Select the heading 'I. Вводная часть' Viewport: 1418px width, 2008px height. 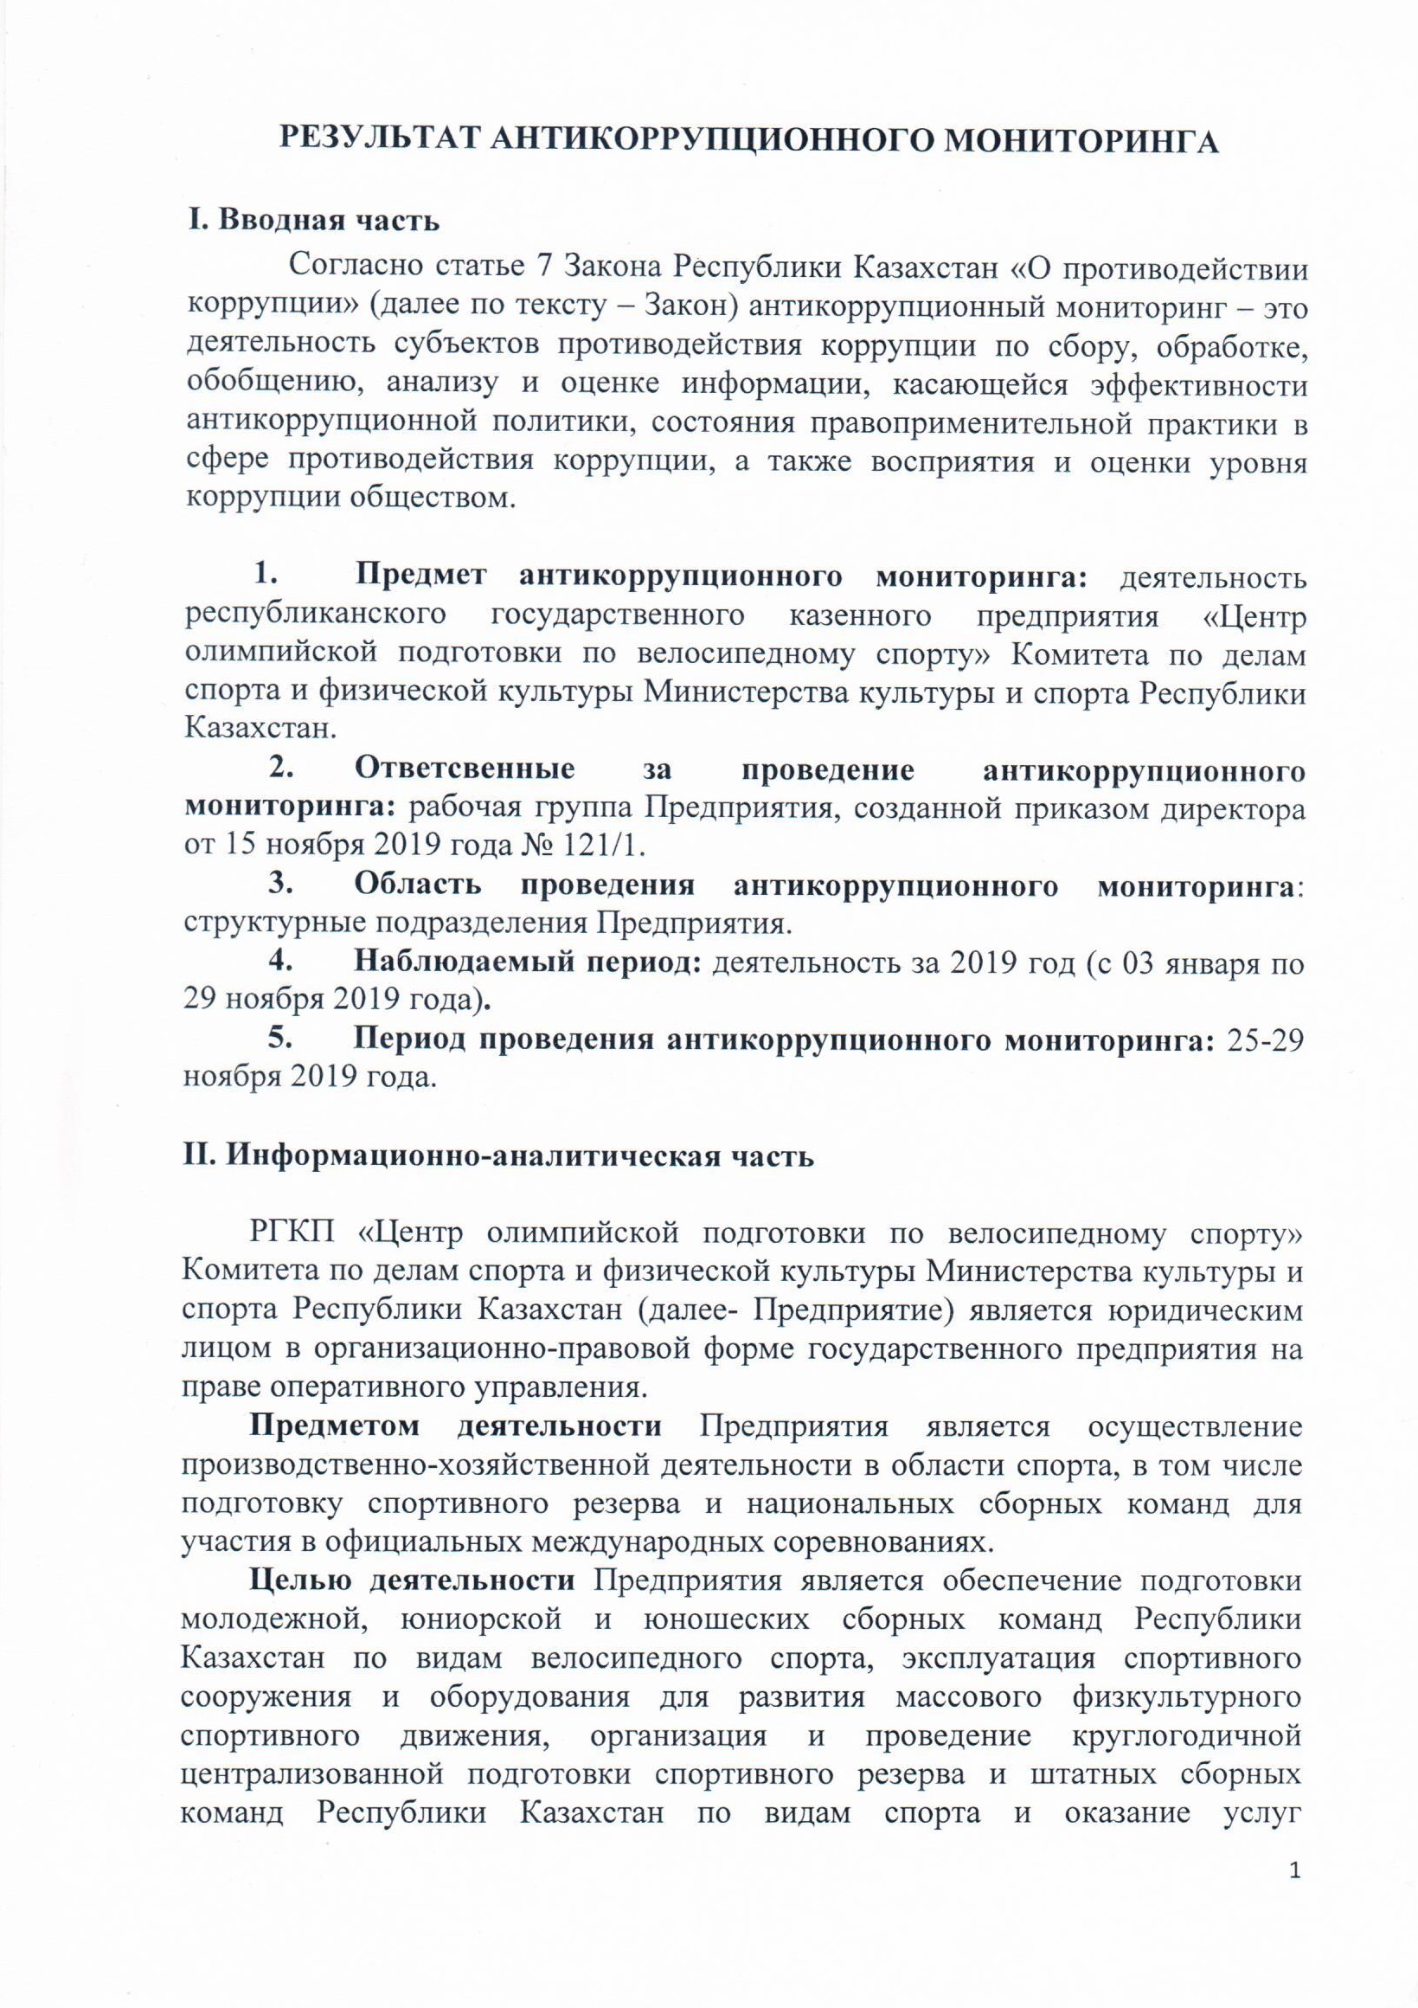pyautogui.click(x=314, y=221)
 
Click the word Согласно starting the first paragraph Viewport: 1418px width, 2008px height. pyautogui.click(x=346, y=266)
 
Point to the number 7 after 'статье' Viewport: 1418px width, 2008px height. pyautogui.click(x=550, y=266)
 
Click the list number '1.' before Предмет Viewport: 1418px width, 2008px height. pyautogui.click(x=266, y=577)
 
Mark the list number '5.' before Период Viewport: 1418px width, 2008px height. pyautogui.click(x=279, y=1038)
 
